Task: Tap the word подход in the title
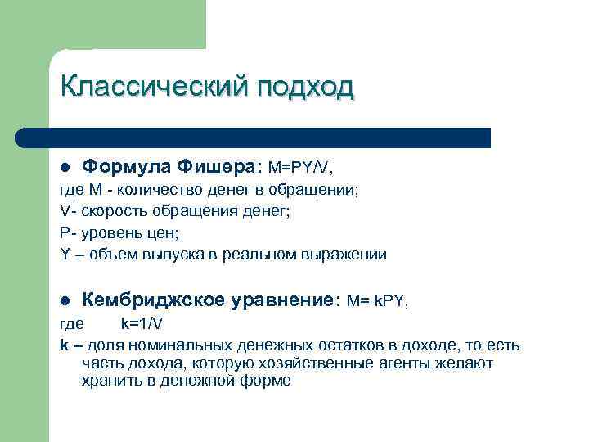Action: (307, 87)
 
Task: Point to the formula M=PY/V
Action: (300, 167)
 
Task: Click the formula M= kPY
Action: (376, 301)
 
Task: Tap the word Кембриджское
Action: (153, 301)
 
